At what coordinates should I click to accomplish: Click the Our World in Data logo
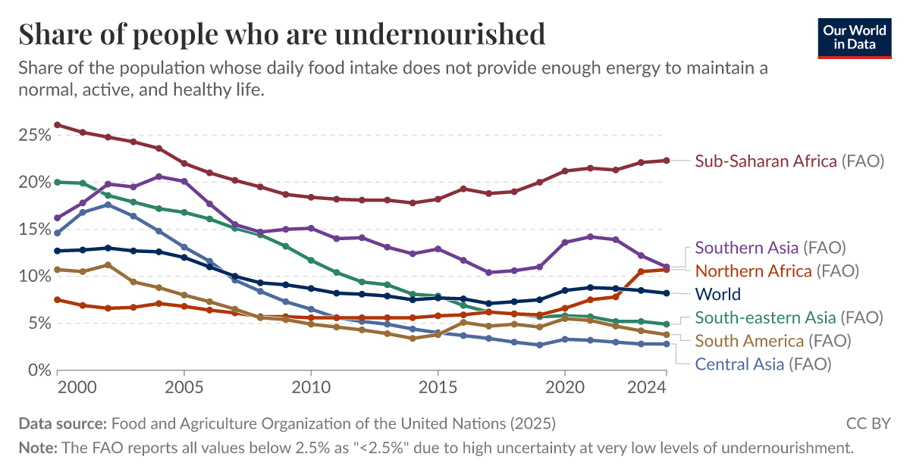(854, 37)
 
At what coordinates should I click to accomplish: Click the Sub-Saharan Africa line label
(789, 161)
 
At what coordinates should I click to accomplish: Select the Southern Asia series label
(770, 247)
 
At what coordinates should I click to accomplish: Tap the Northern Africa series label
(776, 270)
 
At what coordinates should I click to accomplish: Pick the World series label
(717, 294)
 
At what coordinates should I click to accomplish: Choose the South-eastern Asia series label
(789, 317)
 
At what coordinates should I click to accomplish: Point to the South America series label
(772, 340)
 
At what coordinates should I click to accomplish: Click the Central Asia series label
(763, 364)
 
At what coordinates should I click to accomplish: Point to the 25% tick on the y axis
(34, 135)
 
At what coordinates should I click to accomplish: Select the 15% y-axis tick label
(34, 230)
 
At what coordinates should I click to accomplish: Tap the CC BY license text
(868, 423)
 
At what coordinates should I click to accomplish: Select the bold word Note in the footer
(37, 448)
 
